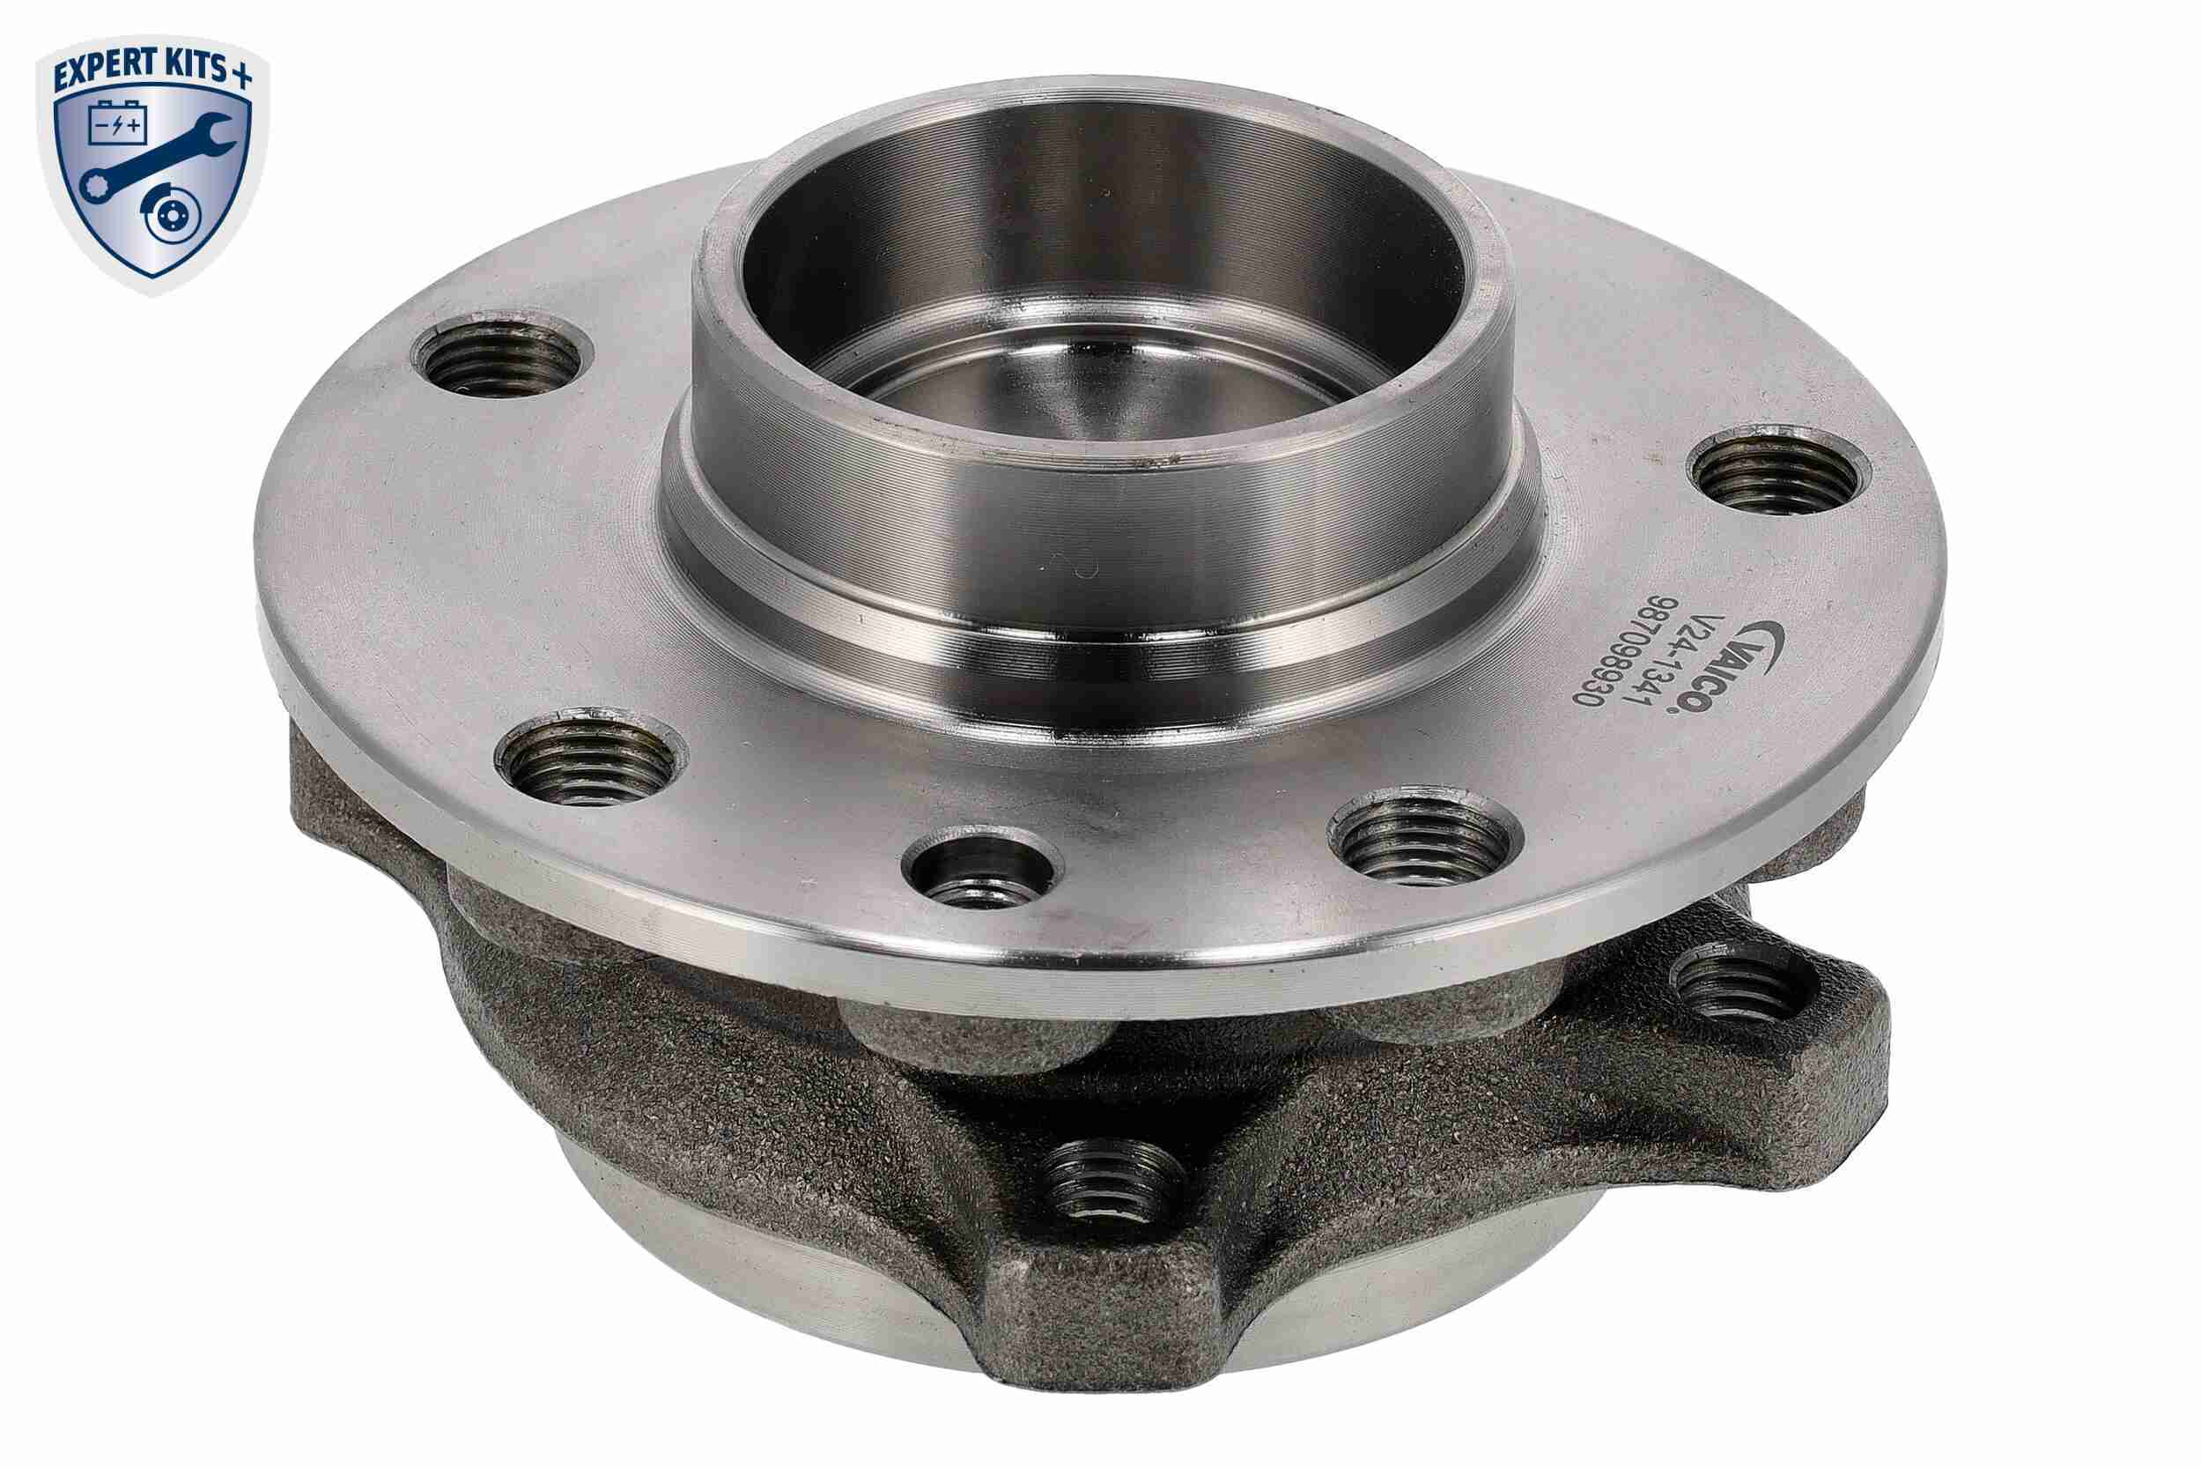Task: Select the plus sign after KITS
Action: point(242,77)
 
